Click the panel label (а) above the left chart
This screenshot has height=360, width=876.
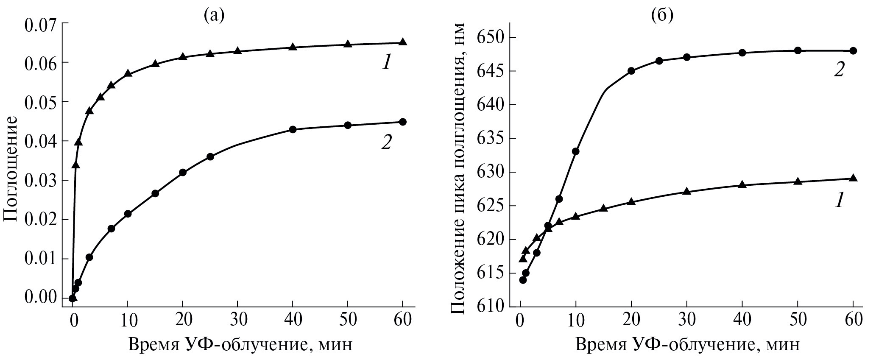coord(213,16)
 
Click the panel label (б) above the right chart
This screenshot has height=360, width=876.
coord(662,16)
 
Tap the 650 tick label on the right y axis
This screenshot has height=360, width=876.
coord(491,38)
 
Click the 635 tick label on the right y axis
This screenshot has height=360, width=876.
coord(491,139)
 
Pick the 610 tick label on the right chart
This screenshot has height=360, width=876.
coord(491,307)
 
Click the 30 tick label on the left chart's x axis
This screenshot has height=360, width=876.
coord(237,319)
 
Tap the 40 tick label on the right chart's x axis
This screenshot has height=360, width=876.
coord(742,319)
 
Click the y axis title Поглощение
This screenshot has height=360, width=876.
coord(10,168)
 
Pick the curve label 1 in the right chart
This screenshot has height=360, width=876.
coord(838,200)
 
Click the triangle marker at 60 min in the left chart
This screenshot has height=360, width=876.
coord(403,42)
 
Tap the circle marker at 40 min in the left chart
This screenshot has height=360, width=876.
coord(293,129)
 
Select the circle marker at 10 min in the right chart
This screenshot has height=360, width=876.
coord(576,151)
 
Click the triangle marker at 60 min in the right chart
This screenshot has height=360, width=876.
coord(854,178)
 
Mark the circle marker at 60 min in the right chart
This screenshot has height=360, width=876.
coord(854,51)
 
